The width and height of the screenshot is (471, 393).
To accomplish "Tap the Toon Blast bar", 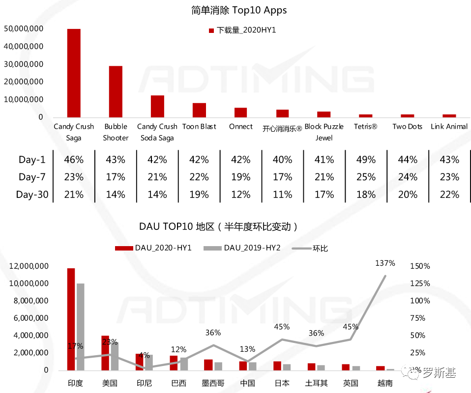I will pos(199,110).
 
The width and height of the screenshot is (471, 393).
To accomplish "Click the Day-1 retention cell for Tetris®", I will pos(366,160).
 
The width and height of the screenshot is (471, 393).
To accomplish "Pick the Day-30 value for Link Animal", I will pos(449,195).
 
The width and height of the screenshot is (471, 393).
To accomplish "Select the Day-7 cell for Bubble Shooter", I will pos(116,177).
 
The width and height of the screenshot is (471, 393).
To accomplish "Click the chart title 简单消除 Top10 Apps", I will pos(239,10).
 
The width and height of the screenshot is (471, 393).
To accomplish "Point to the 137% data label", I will pos(385,263).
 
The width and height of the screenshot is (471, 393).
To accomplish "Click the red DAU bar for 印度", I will pos(71,319).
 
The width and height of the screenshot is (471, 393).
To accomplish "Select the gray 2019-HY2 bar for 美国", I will pos(115,356).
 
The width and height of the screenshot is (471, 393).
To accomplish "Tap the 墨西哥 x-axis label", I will pos(213,383).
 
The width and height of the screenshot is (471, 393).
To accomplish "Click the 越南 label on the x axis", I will pos(385,383).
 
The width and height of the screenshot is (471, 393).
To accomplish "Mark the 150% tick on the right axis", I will pos(420,266).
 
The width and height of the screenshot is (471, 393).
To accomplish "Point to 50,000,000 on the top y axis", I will pos(24,28).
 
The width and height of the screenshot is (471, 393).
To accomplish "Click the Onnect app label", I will pos(241,127).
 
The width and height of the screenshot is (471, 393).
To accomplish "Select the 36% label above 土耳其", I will pos(316,333).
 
